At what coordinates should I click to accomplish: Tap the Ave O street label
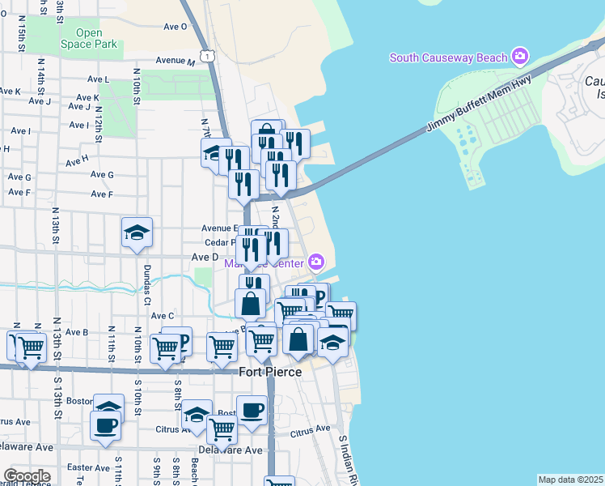(x=175, y=26)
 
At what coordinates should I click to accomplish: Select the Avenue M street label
(x=176, y=61)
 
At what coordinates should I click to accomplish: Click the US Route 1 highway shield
(x=209, y=55)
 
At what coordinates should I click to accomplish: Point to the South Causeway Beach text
(x=448, y=58)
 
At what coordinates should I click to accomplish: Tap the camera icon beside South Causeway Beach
(x=520, y=57)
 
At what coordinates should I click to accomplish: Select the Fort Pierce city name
(x=270, y=372)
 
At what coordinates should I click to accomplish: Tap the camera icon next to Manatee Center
(x=315, y=262)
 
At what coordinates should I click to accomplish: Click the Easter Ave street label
(x=88, y=467)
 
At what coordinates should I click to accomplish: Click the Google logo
(x=27, y=476)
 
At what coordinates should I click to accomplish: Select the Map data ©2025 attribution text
(x=570, y=480)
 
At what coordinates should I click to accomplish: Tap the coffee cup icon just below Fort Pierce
(x=252, y=410)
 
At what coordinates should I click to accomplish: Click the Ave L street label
(x=96, y=79)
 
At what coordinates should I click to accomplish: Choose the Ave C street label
(x=162, y=315)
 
